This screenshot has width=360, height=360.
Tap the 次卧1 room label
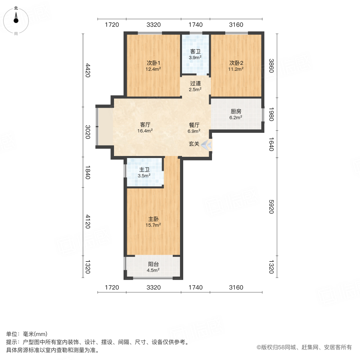pyautogui.click(x=153, y=63)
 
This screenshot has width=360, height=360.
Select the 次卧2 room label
pyautogui.click(x=236, y=63)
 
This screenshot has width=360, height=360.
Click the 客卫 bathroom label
pyautogui.click(x=195, y=52)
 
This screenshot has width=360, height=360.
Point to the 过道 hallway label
pyautogui.click(x=195, y=84)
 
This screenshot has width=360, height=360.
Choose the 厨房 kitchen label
pyautogui.click(x=236, y=112)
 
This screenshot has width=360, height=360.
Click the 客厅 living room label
pyautogui.click(x=145, y=124)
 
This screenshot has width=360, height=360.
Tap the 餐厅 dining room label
pyautogui.click(x=194, y=125)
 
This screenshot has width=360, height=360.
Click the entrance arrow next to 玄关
pyautogui.click(x=207, y=144)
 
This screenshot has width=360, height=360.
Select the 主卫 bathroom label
pyautogui.click(x=144, y=170)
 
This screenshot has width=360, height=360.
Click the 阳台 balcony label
pyautogui.click(x=154, y=264)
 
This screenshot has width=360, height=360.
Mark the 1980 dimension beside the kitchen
pyautogui.click(x=271, y=114)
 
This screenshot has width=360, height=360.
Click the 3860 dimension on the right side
pyautogui.click(x=271, y=65)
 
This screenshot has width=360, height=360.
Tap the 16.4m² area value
pyautogui.click(x=145, y=130)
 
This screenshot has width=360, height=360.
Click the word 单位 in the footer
pyautogui.click(x=12, y=334)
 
